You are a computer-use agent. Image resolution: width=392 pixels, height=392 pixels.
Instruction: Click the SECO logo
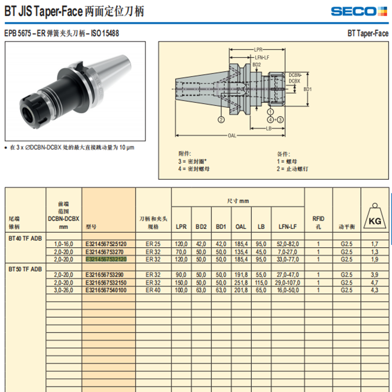tap(359, 11)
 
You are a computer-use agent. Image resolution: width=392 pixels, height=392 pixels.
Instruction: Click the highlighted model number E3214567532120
tap(106, 259)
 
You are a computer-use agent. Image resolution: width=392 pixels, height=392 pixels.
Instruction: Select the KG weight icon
tap(375, 216)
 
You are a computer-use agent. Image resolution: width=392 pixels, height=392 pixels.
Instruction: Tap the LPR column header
tap(181, 227)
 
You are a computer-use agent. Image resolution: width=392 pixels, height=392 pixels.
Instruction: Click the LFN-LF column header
tap(287, 227)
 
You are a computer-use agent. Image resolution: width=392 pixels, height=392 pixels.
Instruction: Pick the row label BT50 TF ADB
tap(25, 269)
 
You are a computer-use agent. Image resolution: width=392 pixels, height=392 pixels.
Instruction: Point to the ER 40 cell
tap(153, 290)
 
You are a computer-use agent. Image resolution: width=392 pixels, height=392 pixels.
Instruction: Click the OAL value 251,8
tap(241, 283)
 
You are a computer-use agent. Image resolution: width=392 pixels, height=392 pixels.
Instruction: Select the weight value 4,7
tap(375, 283)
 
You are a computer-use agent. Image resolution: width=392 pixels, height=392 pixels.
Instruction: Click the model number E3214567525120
tap(106, 244)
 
